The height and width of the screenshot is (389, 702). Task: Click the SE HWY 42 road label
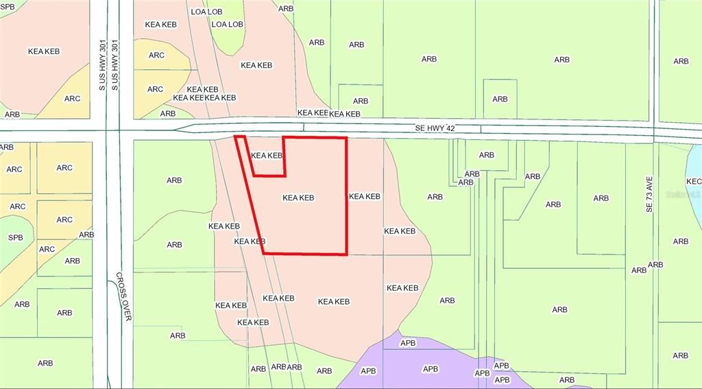pos(435,128)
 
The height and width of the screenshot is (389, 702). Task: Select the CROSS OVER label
pos(123,298)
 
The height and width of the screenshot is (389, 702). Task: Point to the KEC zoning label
pos(694,181)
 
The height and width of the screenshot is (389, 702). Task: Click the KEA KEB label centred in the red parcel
pos(298,198)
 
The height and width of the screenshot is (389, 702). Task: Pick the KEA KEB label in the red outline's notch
pos(267,156)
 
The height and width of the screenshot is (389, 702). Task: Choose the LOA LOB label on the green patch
pos(228,24)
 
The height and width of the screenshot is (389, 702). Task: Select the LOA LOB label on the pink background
pos(207,12)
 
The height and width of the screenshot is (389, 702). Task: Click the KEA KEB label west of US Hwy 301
pos(44,51)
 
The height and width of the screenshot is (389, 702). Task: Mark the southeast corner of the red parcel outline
pos(347,255)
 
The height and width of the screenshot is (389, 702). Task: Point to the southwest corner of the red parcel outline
pos(264,253)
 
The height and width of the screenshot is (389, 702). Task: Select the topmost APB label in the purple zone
pos(407,342)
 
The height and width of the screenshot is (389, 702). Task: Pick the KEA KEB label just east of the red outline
pos(364,196)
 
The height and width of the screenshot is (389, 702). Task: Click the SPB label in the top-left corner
pos(7,6)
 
